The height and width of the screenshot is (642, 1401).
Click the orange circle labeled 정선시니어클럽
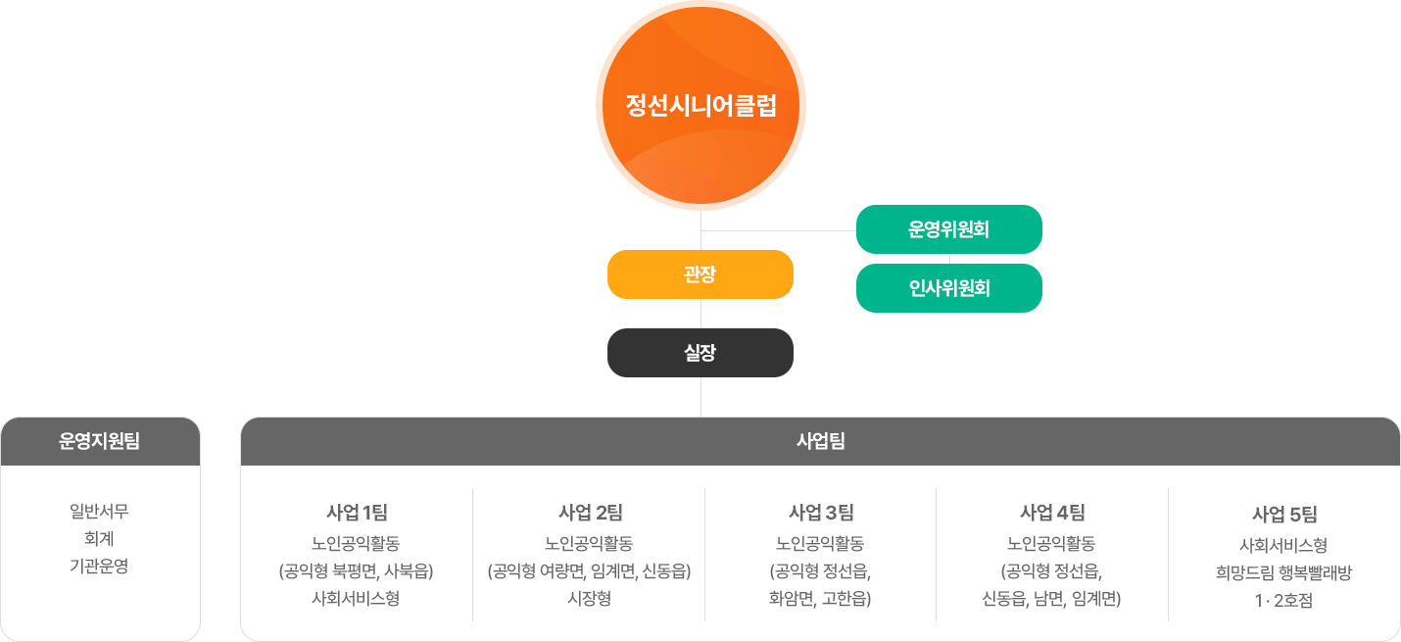(x=700, y=106)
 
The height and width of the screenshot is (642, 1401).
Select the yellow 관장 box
(x=700, y=274)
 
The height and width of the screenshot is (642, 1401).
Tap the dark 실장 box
(x=700, y=353)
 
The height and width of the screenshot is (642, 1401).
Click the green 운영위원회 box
(x=948, y=230)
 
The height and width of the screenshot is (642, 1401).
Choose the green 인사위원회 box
(x=948, y=288)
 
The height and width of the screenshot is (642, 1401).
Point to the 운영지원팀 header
(x=100, y=441)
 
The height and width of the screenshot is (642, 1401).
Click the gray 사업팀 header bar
(x=820, y=441)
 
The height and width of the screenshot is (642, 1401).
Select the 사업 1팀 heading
(x=357, y=512)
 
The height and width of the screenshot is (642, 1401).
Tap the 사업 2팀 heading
(x=589, y=512)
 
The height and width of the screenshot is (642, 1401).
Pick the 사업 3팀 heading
(x=821, y=512)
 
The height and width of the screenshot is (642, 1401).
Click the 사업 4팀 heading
(x=1051, y=512)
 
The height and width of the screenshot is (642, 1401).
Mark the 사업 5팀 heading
(x=1283, y=514)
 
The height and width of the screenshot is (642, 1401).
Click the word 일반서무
(x=100, y=511)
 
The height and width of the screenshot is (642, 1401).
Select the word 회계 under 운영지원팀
(x=100, y=538)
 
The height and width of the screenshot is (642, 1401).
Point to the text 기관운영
(x=100, y=566)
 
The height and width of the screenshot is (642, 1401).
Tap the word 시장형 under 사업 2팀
(x=589, y=598)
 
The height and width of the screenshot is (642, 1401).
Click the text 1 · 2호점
(x=1283, y=601)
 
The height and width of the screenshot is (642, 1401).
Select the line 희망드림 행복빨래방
(x=1283, y=573)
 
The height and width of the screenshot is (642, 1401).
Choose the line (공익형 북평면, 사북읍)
(x=357, y=570)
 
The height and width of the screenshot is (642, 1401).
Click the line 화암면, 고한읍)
(x=821, y=598)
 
